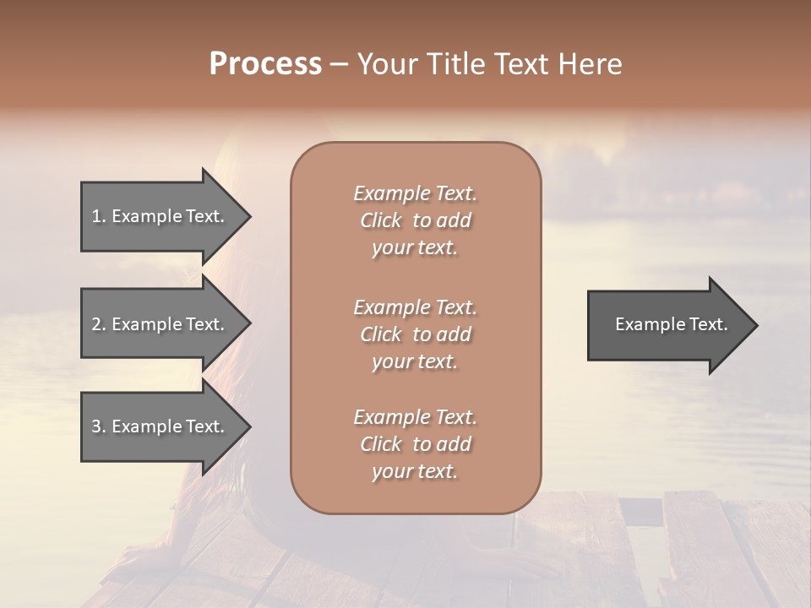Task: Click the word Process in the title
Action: [x=265, y=64]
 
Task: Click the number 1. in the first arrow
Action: [x=99, y=216]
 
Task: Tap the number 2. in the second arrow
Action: [x=99, y=324]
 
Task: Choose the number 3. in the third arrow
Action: [x=99, y=426]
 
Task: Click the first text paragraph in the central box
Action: [x=415, y=220]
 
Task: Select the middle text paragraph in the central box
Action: [x=415, y=334]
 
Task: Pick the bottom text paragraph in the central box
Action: [x=415, y=444]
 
